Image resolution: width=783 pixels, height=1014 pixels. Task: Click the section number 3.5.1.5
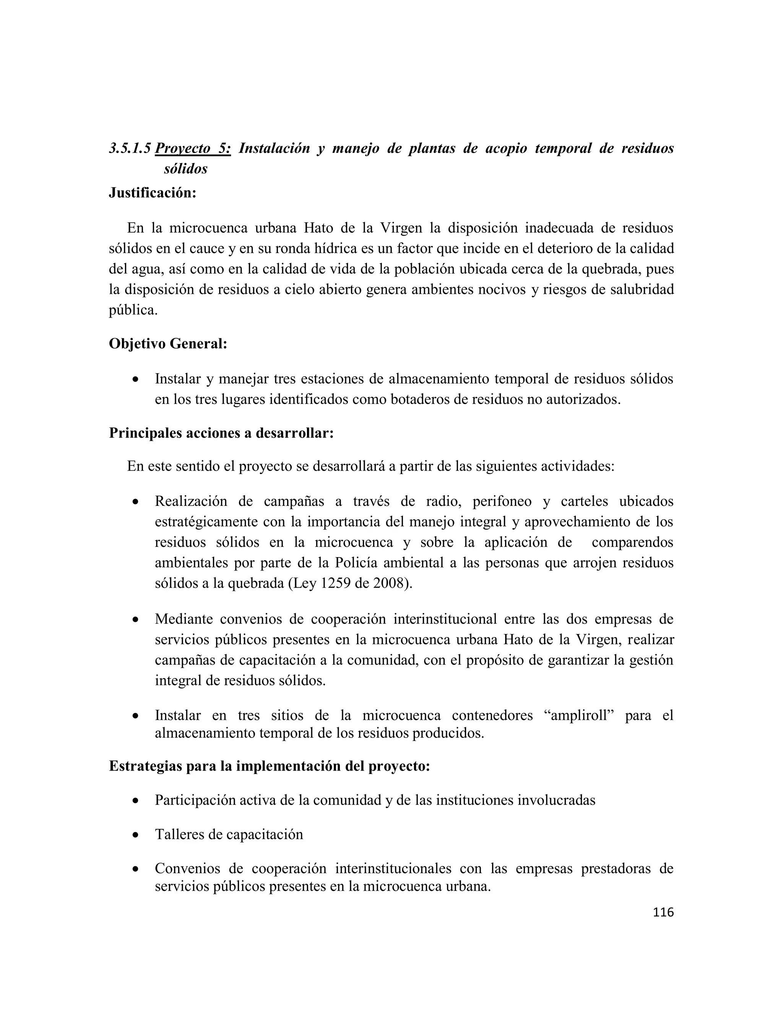(x=130, y=148)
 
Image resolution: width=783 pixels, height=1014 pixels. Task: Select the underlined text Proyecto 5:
(x=193, y=148)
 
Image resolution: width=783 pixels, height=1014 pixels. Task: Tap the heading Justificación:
(x=153, y=192)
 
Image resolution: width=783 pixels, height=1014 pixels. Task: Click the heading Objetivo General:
(x=168, y=344)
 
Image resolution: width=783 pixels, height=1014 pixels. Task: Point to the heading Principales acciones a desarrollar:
(x=221, y=433)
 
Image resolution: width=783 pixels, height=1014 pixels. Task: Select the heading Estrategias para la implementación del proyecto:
(x=270, y=766)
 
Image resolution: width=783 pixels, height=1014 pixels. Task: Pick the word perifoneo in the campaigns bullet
(x=502, y=501)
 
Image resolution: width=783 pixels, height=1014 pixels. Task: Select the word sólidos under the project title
(x=185, y=169)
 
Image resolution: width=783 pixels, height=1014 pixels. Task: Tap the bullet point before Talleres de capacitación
(x=135, y=835)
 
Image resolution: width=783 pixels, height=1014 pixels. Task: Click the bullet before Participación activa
(x=135, y=801)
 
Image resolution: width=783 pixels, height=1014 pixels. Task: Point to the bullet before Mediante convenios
(x=135, y=620)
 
